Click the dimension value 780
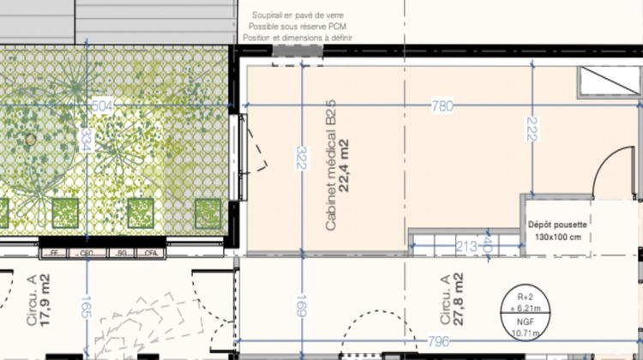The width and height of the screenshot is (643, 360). [442, 107]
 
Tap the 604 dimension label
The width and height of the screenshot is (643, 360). [102, 105]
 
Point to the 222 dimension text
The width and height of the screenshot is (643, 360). [532, 129]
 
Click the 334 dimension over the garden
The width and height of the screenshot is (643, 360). [85, 139]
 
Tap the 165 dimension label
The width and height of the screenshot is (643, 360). [85, 307]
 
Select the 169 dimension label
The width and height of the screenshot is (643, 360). [301, 307]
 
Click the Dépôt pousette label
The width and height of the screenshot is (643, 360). [557, 224]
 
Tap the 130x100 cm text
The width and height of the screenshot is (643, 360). [557, 237]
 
